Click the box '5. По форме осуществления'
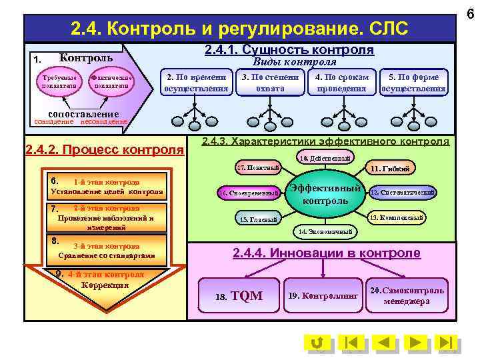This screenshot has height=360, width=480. tap(413, 83)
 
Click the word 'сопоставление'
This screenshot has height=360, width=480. tap(79, 114)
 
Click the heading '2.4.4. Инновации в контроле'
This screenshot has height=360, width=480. tap(326, 253)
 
